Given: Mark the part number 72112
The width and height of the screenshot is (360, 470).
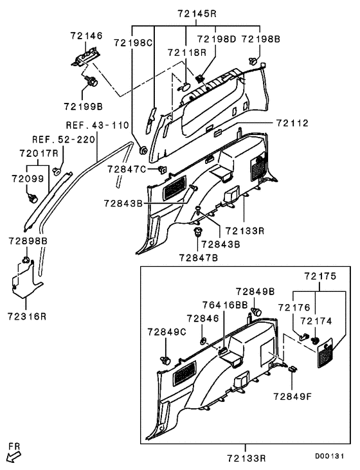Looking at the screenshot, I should click(292, 122).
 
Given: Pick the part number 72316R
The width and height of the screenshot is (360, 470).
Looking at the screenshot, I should click(28, 316).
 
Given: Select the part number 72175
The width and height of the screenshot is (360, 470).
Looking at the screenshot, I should click(320, 276).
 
